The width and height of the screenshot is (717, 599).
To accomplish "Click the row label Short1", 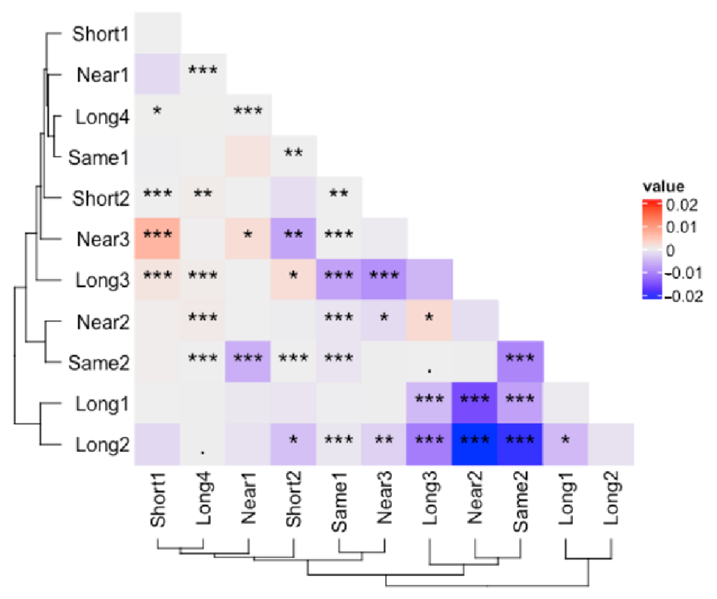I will click(100, 34).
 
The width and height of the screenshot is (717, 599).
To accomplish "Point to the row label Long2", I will click(102, 445).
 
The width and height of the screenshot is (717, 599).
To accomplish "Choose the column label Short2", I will click(294, 499).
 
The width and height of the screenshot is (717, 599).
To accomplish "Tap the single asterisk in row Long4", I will click(157, 111).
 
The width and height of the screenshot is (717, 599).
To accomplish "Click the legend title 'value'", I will click(663, 186).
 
